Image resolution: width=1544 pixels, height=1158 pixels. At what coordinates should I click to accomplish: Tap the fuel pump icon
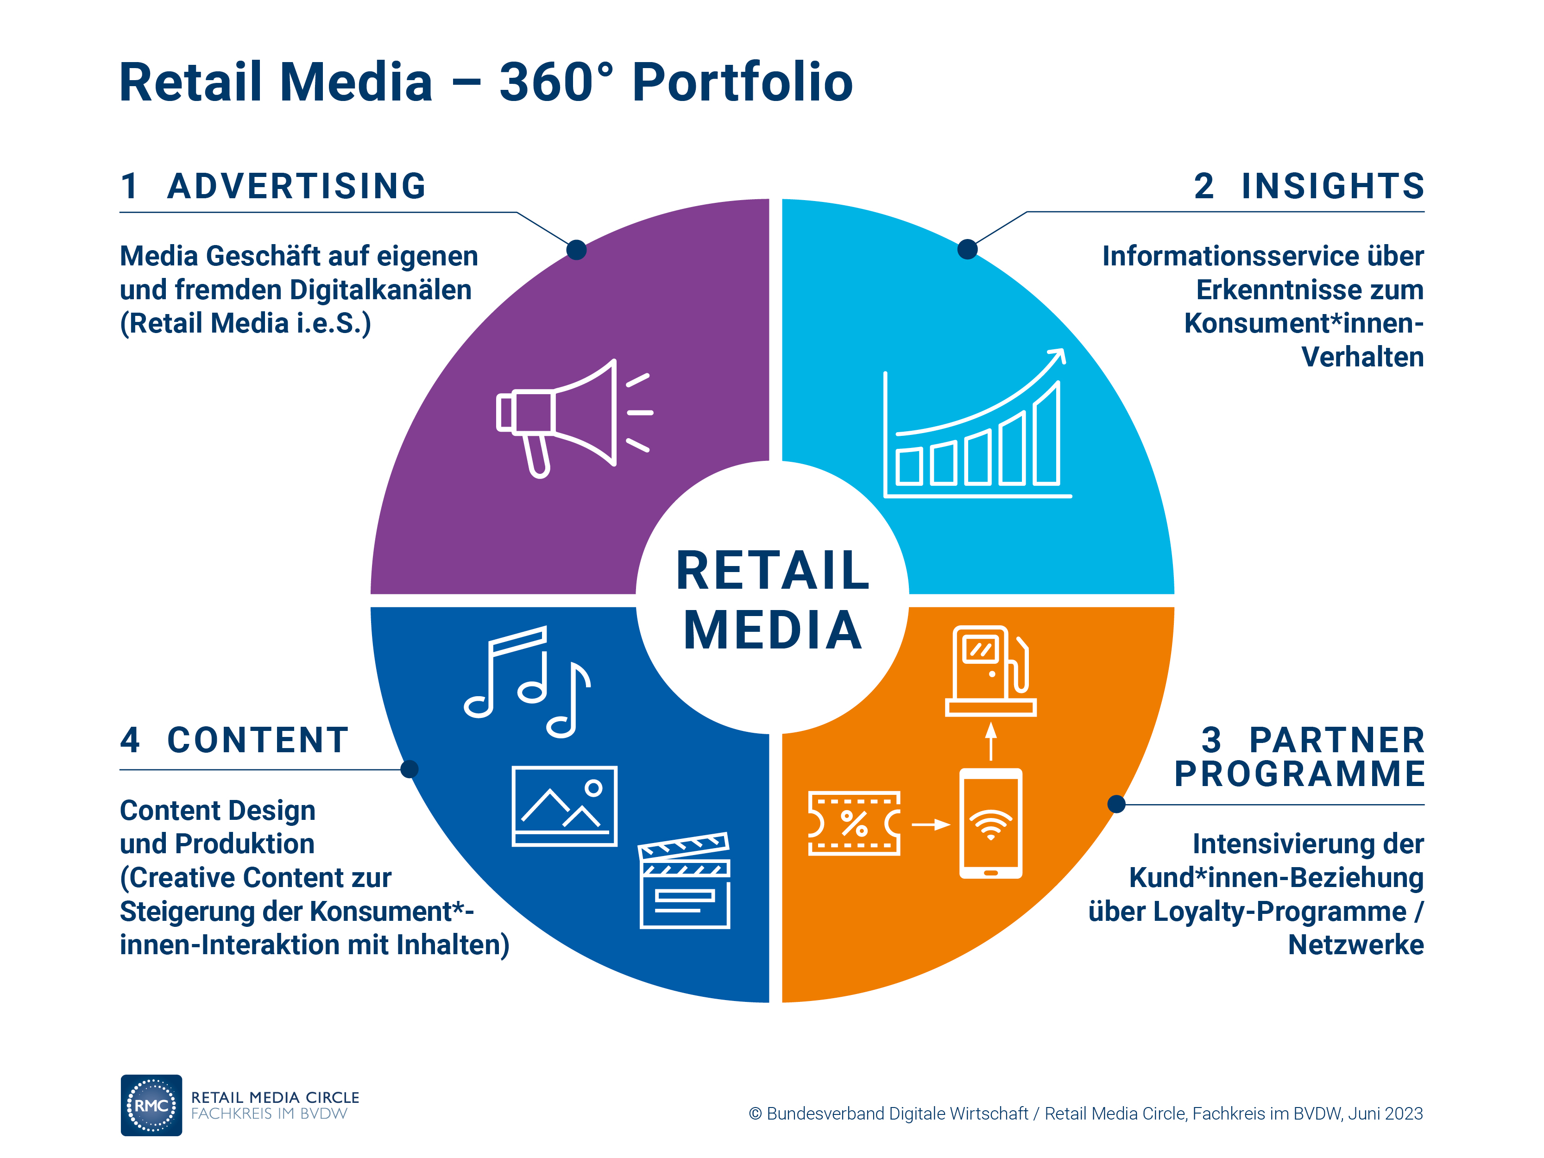[990, 671]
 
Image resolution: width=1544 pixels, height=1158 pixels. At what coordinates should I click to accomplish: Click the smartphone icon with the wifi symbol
[990, 823]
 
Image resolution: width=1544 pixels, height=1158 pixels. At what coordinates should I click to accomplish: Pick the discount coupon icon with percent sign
[854, 823]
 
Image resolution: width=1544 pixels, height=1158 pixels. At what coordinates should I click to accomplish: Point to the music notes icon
[528, 681]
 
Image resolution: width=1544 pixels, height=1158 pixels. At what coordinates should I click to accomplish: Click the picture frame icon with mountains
[564, 806]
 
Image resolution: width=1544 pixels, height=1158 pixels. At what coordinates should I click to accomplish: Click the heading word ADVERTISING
[296, 186]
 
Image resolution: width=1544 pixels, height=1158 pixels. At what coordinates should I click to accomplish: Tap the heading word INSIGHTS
[1332, 186]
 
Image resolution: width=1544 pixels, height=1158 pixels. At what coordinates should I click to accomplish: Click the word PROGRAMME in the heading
[1299, 774]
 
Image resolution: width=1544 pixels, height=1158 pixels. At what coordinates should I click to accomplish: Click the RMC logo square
[151, 1105]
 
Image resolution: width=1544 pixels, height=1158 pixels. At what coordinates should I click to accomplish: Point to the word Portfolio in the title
[742, 82]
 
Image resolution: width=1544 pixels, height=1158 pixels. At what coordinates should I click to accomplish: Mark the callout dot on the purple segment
[577, 250]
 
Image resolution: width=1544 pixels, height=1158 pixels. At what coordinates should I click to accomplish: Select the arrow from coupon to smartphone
[931, 824]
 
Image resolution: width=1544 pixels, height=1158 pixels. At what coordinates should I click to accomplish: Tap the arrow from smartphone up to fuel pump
[990, 741]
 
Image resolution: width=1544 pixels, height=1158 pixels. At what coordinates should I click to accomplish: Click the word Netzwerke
[1355, 944]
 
